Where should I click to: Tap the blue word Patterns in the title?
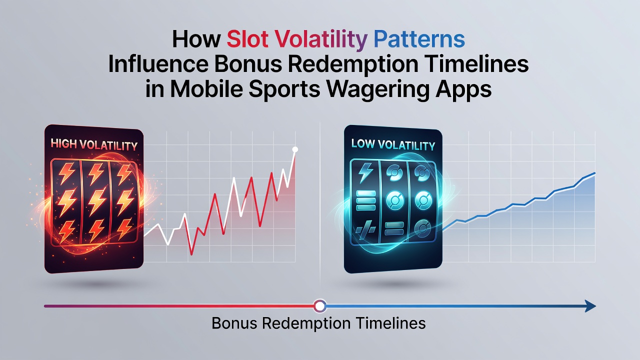pyautogui.click(x=419, y=39)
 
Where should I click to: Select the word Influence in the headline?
pyautogui.click(x=157, y=64)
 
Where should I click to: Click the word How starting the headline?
pyautogui.click(x=196, y=39)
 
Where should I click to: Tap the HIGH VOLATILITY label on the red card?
pyautogui.click(x=94, y=144)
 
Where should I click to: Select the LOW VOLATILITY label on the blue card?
pyautogui.click(x=393, y=144)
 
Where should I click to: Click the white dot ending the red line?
pyautogui.click(x=295, y=149)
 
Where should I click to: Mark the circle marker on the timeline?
pyautogui.click(x=319, y=306)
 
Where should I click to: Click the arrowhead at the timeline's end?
pyautogui.click(x=589, y=306)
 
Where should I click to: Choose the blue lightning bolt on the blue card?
pyautogui.click(x=365, y=172)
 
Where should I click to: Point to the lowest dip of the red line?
pyautogui.click(x=191, y=254)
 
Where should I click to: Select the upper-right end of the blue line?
pyautogui.click(x=595, y=173)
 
